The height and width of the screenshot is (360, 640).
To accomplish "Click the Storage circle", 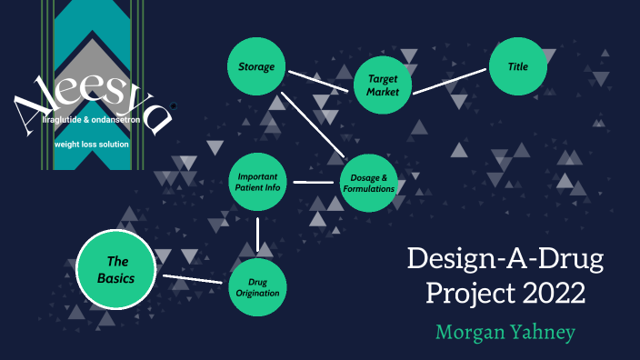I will click(256, 67).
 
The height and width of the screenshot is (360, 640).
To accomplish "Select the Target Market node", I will click(382, 85).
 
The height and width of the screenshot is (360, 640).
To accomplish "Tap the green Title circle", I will click(518, 67).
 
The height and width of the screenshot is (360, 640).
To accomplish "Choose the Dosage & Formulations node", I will click(368, 183).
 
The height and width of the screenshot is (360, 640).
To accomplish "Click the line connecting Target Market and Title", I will click(450, 80).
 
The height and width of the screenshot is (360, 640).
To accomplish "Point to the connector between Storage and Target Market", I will click(318, 78).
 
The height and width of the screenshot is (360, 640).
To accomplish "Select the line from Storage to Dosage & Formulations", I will click(312, 124).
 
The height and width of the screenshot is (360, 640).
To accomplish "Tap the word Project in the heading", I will click(456, 295).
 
